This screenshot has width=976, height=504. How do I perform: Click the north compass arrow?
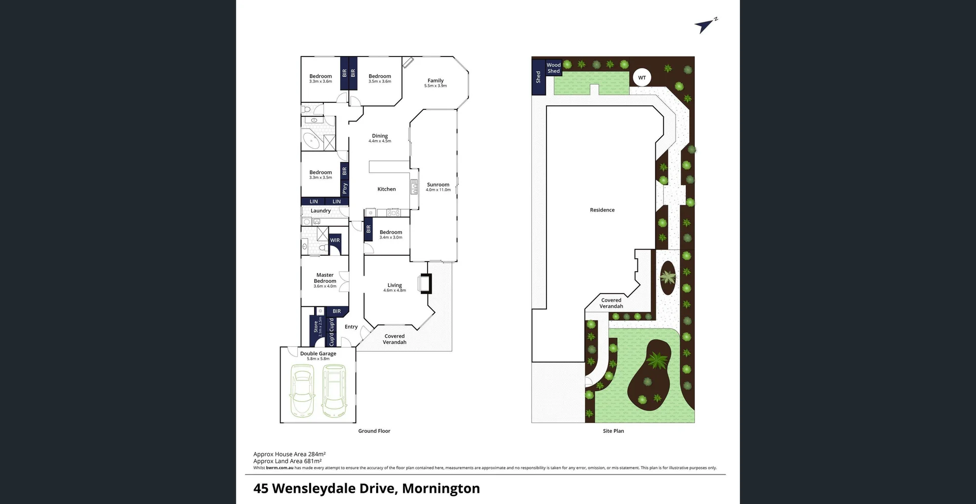point(705,25)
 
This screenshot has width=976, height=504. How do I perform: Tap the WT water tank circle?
point(642,78)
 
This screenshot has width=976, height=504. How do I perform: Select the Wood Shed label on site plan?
point(554,68)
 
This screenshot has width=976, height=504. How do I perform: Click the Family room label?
point(436,81)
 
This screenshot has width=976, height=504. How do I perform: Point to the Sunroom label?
point(438,185)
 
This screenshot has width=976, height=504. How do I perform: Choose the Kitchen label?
point(386,189)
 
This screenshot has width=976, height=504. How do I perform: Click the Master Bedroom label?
point(325,278)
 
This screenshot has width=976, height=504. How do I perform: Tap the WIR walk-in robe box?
point(335,241)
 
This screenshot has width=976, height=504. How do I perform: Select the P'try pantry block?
point(345,188)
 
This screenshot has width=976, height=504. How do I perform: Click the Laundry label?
point(321,211)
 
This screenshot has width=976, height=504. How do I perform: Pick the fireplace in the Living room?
point(425,284)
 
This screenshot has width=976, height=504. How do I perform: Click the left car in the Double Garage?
point(302,391)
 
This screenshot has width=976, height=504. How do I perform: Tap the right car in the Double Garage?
point(334,391)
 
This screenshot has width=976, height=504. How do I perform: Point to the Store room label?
point(316,327)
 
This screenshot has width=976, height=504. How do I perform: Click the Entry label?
point(351,327)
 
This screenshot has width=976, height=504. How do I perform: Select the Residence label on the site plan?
point(602,210)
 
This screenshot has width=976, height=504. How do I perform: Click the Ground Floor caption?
point(374,431)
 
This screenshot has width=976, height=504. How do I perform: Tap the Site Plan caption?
point(613,431)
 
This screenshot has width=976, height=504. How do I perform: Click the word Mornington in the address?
point(441,489)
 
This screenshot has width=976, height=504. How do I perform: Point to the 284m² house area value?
point(317,455)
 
